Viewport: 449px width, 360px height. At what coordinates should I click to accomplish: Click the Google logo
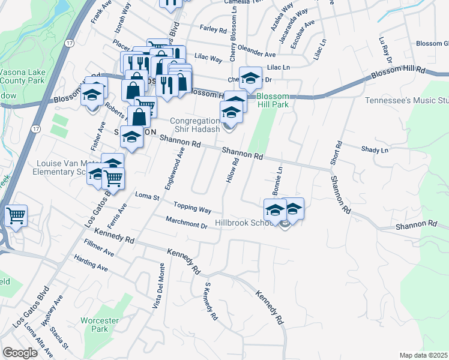click(x=20, y=353)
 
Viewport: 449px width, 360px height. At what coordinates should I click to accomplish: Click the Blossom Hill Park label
click(x=273, y=100)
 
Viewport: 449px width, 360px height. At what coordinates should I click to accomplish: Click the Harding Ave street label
click(x=89, y=263)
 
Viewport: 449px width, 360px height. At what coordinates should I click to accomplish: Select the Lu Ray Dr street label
click(x=385, y=51)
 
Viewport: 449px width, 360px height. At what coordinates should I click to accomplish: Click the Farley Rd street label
click(x=213, y=29)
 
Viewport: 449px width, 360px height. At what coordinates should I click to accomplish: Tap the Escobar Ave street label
click(x=302, y=32)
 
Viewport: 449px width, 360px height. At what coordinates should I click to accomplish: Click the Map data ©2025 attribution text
click(x=424, y=355)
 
